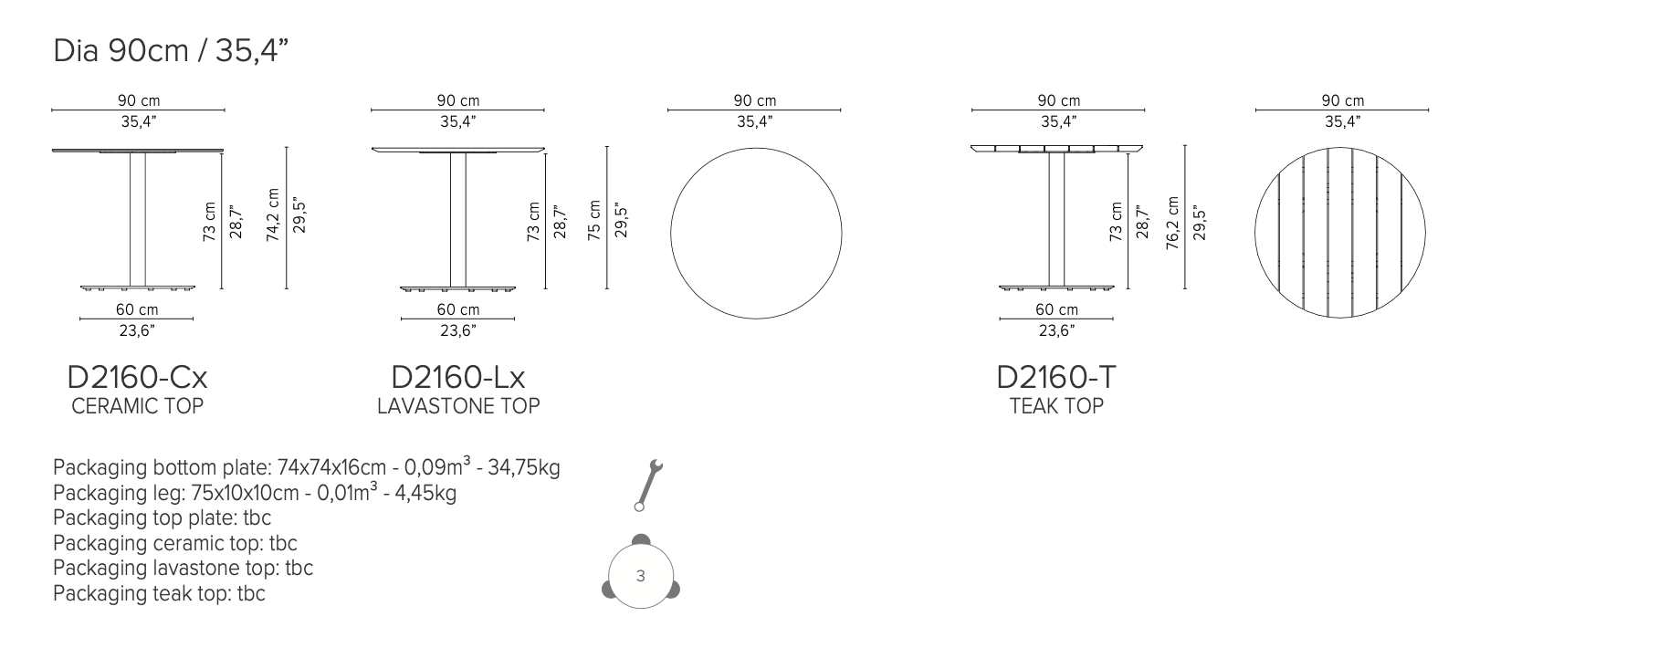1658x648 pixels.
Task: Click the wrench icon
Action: pos(649,484)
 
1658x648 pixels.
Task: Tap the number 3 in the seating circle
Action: pos(641,576)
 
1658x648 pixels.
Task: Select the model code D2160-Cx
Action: pos(137,377)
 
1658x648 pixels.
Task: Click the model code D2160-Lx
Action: pos(458,377)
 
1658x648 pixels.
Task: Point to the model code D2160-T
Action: pos(1056,377)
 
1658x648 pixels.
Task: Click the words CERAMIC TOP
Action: pos(137,406)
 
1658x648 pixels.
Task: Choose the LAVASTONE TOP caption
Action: pos(458,406)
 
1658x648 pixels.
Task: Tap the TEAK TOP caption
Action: pos(1056,406)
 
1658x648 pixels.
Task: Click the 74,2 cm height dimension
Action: pos(272,215)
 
